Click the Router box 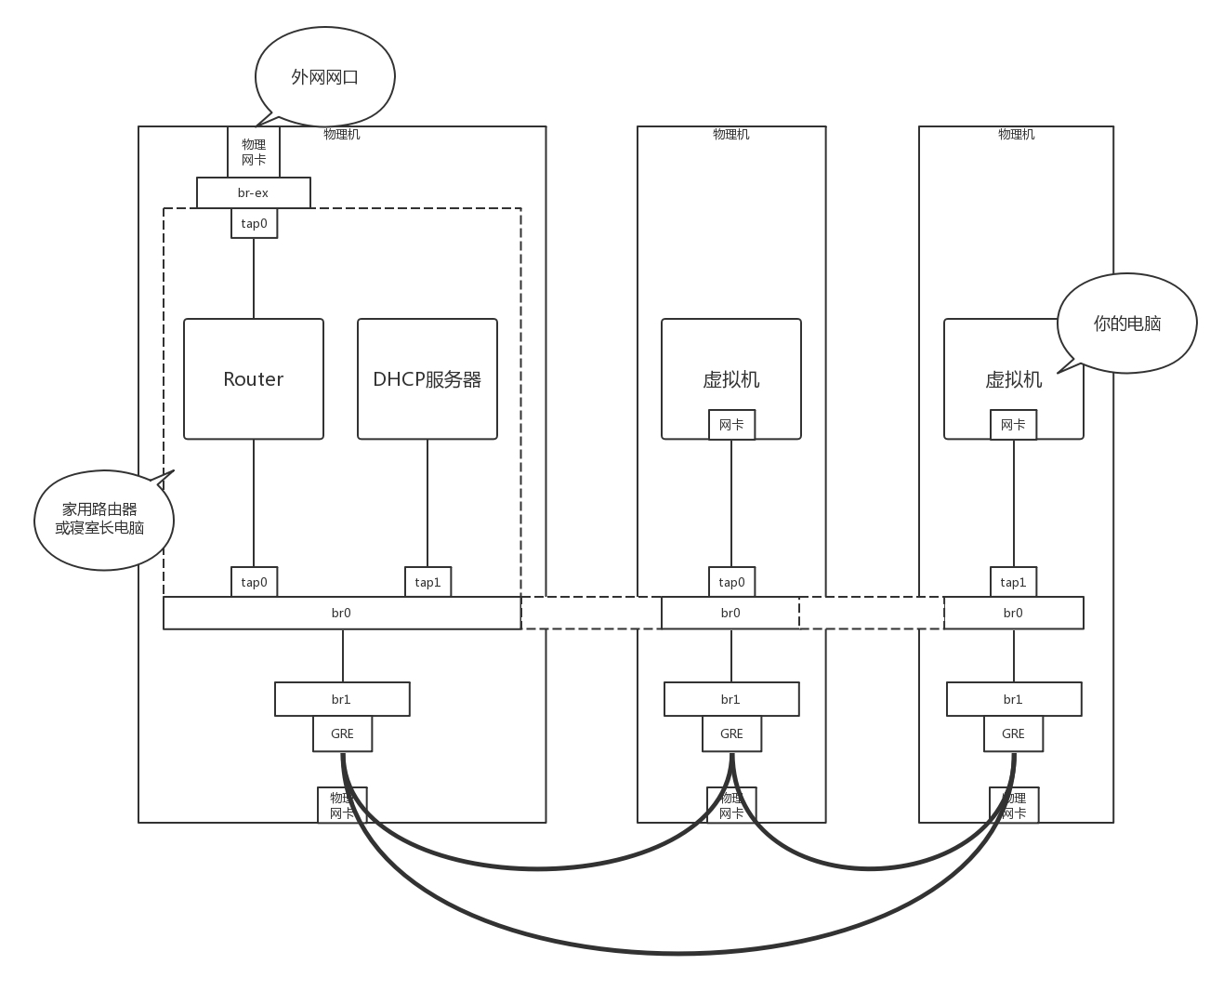tap(253, 378)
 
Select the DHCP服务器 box tap(427, 378)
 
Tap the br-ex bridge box tap(253, 193)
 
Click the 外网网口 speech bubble tap(324, 77)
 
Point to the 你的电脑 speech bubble tap(1126, 324)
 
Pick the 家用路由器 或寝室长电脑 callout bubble tap(102, 520)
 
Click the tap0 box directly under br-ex tap(254, 223)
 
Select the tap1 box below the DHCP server tap(427, 582)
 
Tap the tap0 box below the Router tap(254, 582)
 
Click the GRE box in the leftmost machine tap(342, 733)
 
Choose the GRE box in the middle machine tap(731, 733)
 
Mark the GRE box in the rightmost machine tap(1013, 733)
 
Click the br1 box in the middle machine tap(730, 699)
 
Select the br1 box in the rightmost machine tap(1013, 699)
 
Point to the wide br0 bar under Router tap(341, 613)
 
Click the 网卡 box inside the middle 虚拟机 tap(731, 425)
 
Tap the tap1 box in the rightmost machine tap(1013, 582)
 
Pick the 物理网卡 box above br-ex tap(254, 152)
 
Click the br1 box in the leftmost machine tap(341, 699)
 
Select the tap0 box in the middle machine tap(731, 582)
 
